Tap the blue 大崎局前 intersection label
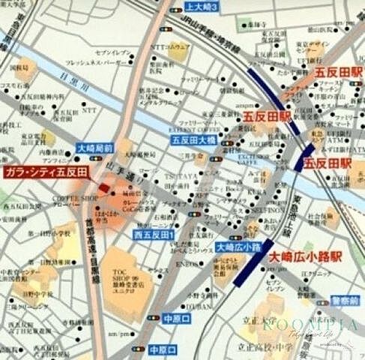coord(95,148)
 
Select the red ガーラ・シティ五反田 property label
coord(45,172)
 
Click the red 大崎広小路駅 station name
coord(301,256)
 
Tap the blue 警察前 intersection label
coord(345,301)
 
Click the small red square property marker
coord(103,187)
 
